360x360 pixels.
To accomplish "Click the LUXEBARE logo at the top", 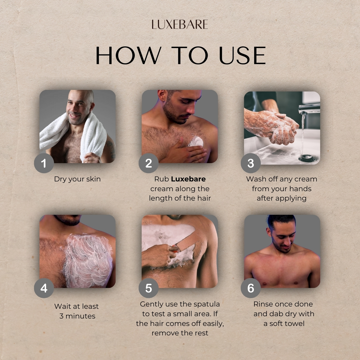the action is pyautogui.click(x=180, y=25).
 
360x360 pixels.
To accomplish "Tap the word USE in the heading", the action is pyautogui.click(x=242, y=56).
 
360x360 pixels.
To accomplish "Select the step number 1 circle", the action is pyautogui.click(x=44, y=163).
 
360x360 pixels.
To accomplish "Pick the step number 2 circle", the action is pyautogui.click(x=149, y=163).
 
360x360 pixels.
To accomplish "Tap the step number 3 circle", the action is pyautogui.click(x=251, y=163).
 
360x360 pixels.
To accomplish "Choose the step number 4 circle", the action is pyautogui.click(x=44, y=288).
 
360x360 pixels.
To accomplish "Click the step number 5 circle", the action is pyautogui.click(x=149, y=288).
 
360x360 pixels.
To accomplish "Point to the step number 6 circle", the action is pyautogui.click(x=251, y=288).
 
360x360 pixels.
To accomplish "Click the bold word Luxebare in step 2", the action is pyautogui.click(x=188, y=179).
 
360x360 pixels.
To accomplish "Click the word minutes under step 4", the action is pyautogui.click(x=80, y=316).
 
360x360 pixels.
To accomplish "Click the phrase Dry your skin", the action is pyautogui.click(x=77, y=179).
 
